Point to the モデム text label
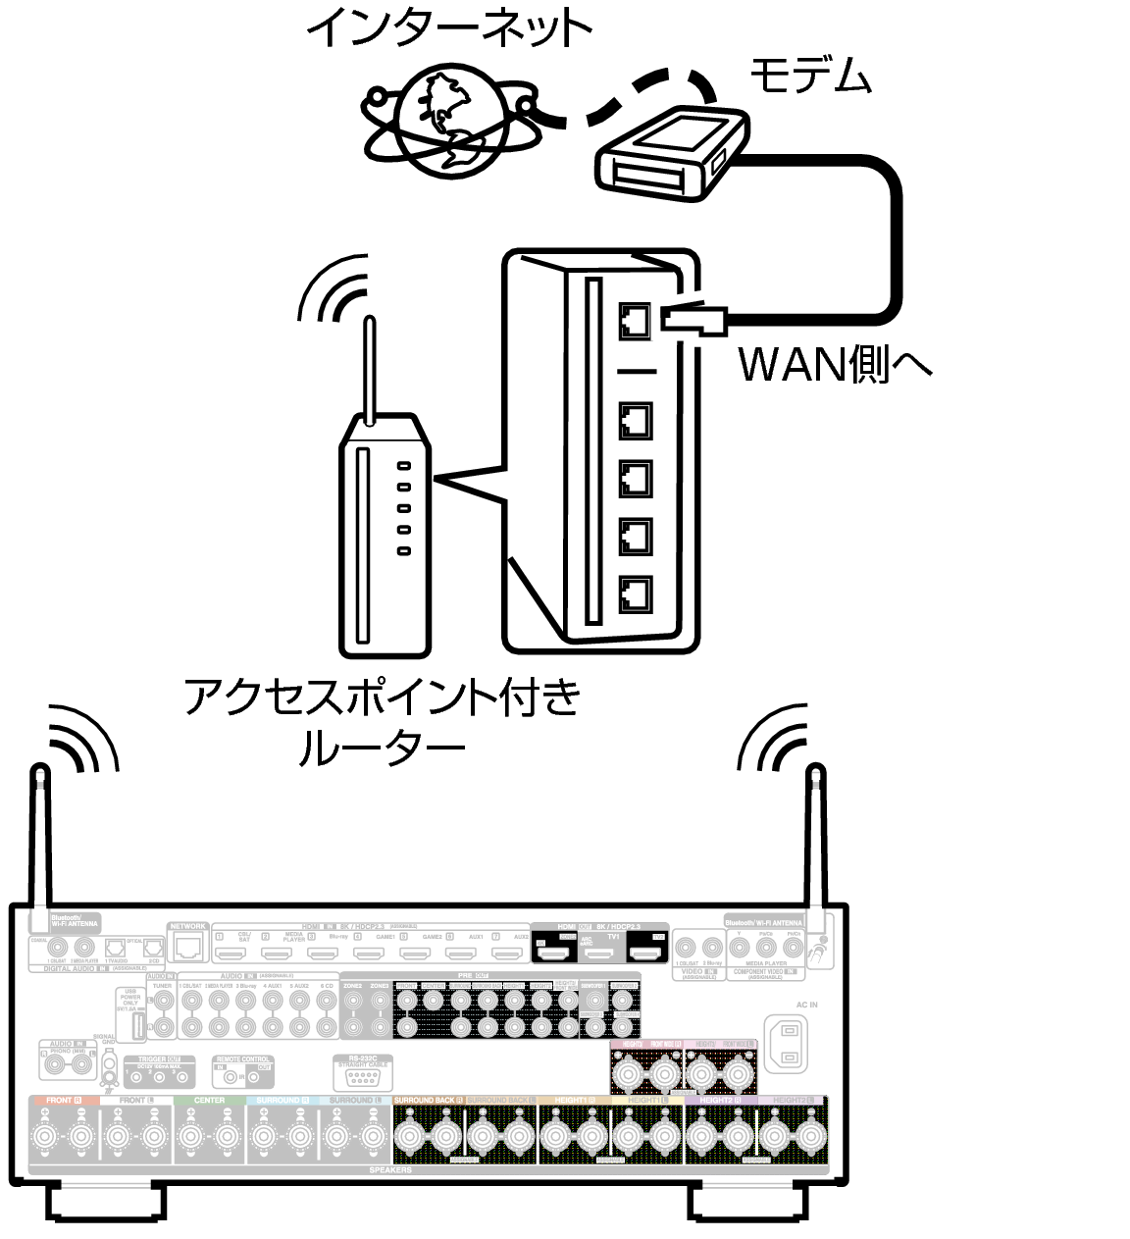pos(810,76)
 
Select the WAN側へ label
pos(834,364)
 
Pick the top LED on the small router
pos(403,467)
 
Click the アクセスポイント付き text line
pos(383,698)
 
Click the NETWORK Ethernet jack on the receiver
pos(187,948)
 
